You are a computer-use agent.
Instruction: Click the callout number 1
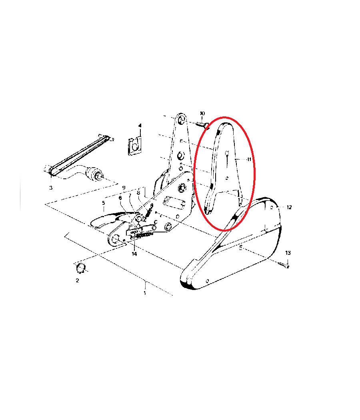pos(145,293)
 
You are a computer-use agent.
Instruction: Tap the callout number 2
pos(78,280)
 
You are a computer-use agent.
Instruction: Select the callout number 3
pos(51,188)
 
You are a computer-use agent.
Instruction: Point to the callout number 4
pos(140,126)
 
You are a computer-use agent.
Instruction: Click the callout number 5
pos(103,203)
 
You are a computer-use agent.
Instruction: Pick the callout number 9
pos(124,188)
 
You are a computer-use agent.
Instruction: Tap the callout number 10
pos(202,114)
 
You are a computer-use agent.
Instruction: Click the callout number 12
pos(289,207)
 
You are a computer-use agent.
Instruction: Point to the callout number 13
pos(288,253)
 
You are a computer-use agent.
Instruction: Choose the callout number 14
pos(134,254)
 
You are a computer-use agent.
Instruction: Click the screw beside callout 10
pos(202,124)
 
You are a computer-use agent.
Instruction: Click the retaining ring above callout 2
pos(81,267)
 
